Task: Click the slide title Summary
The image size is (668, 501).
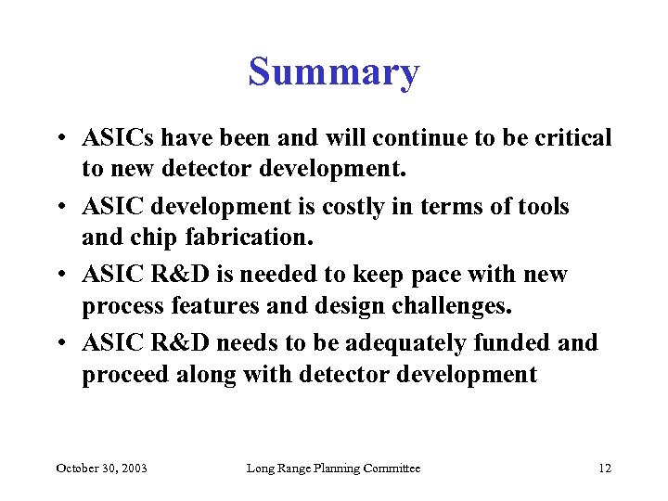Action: pos(334,71)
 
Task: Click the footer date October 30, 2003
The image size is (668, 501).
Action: pos(101,469)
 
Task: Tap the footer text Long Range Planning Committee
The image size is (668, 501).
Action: pos(333,469)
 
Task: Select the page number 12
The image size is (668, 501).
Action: pos(605,469)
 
